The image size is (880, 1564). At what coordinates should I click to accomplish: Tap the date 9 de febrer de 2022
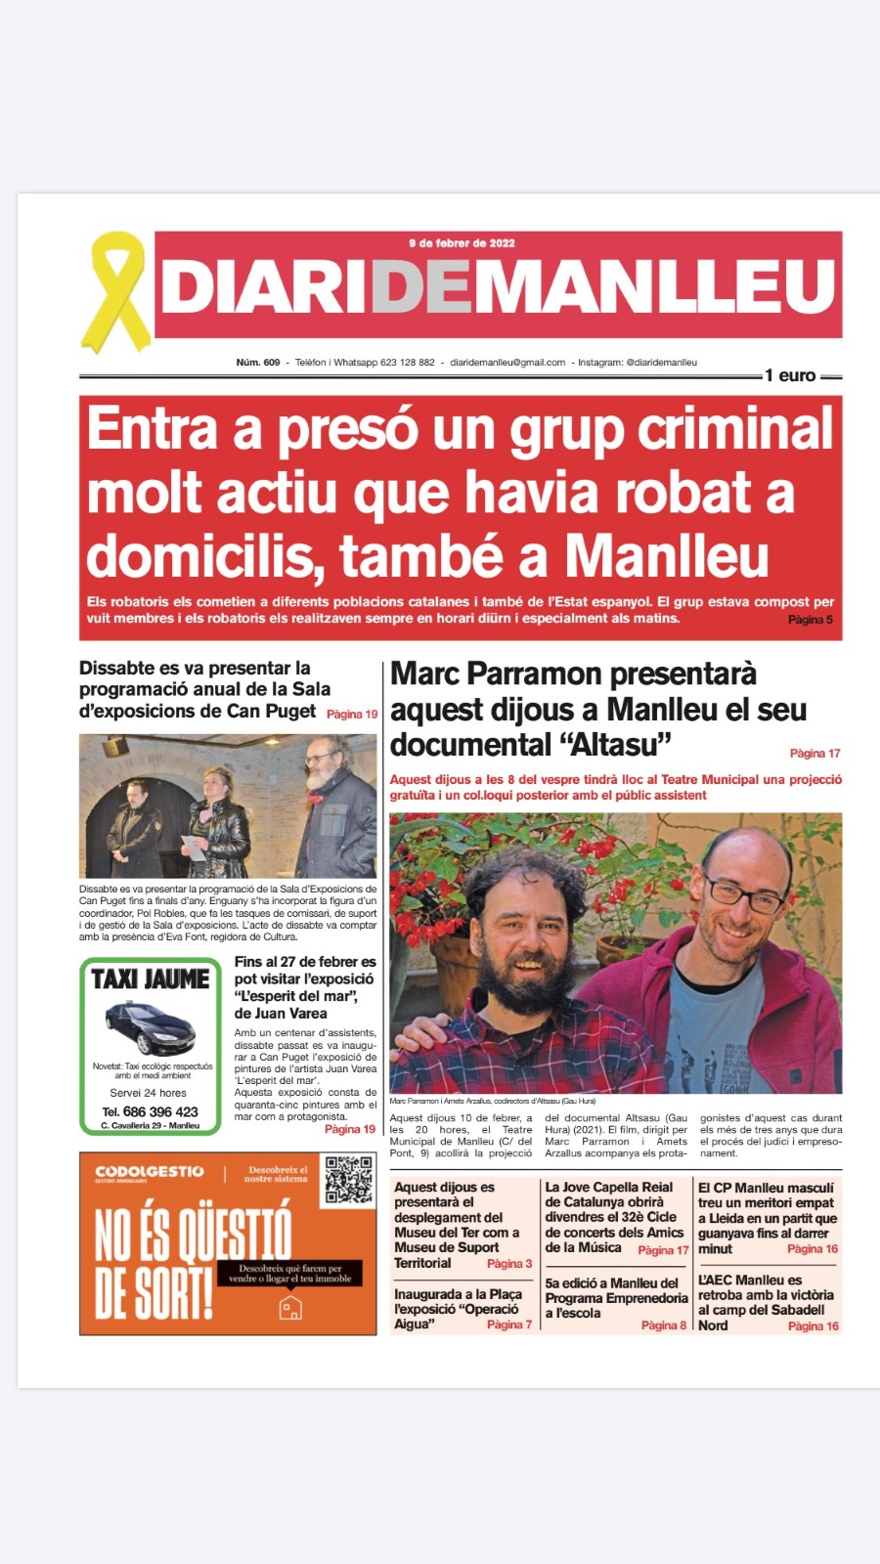click(x=462, y=243)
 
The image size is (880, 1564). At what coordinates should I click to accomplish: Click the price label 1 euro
click(x=790, y=375)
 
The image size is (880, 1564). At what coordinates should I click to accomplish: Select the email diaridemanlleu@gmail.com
click(x=507, y=363)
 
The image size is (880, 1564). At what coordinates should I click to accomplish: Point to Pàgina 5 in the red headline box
click(x=811, y=620)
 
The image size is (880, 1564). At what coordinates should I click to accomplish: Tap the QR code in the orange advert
click(x=349, y=1180)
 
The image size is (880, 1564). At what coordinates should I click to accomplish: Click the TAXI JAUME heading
click(x=151, y=979)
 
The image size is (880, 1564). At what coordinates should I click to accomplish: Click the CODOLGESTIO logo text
click(x=150, y=1171)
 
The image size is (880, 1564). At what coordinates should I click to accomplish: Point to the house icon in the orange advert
click(x=290, y=1308)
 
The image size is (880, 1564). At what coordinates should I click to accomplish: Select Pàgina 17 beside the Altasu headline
click(x=814, y=754)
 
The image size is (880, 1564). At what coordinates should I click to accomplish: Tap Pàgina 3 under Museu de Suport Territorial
click(x=509, y=1264)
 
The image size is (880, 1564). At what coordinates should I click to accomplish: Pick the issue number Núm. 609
click(x=258, y=363)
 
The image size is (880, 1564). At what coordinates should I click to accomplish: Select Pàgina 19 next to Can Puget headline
click(x=352, y=715)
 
